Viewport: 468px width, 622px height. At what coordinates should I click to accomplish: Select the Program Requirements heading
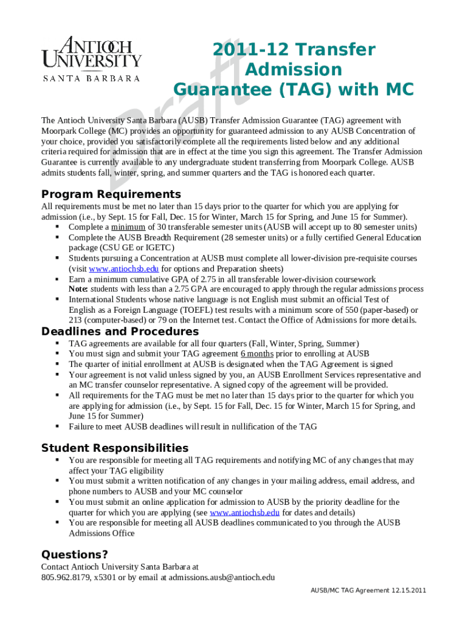pyautogui.click(x=111, y=194)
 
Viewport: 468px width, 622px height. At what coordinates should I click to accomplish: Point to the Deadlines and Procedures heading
pyautogui.click(x=120, y=332)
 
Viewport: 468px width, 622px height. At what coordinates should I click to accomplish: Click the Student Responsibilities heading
pyautogui.click(x=114, y=448)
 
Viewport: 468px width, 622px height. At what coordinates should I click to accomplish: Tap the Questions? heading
pyautogui.click(x=74, y=555)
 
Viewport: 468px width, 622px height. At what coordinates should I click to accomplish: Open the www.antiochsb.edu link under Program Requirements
pyautogui.click(x=124, y=269)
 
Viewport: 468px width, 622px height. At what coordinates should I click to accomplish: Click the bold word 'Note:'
pyautogui.click(x=78, y=289)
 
